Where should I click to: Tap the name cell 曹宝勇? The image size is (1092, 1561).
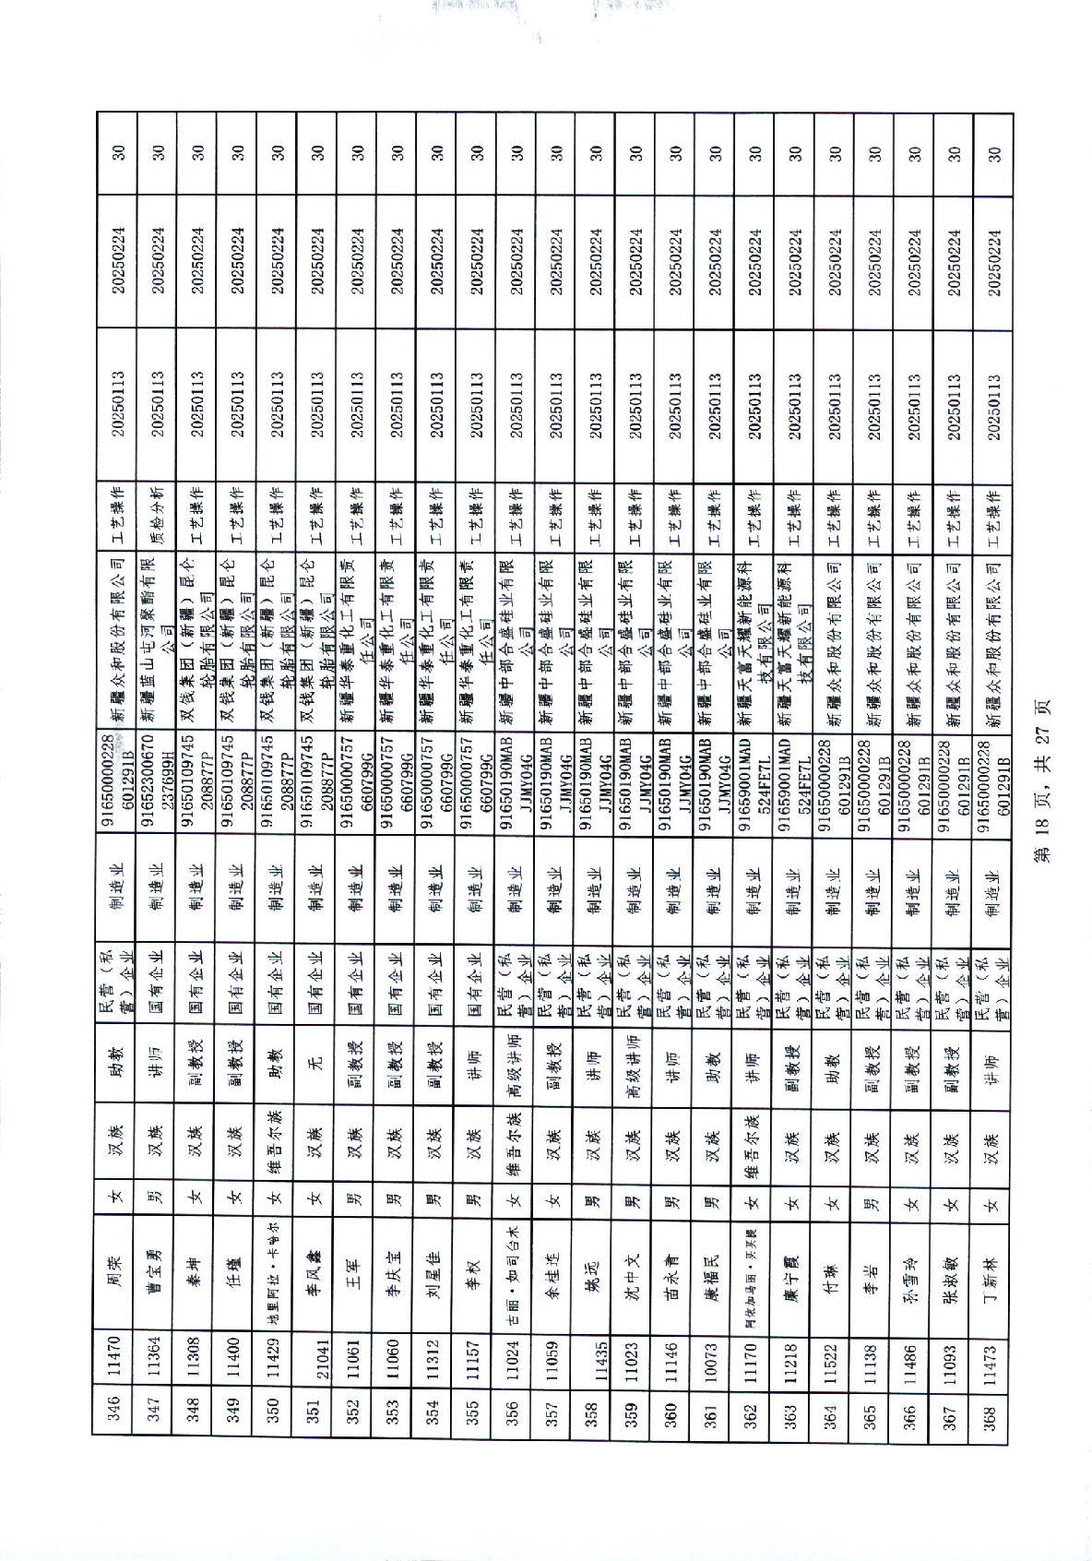coord(155,1269)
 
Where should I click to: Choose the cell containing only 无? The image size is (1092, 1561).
coord(314,1055)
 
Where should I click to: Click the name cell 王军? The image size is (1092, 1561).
coord(353,1269)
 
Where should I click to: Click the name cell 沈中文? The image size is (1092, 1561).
coord(633,1269)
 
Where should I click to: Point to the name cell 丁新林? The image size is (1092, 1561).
coord(991,1269)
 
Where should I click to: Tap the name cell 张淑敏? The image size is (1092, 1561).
coord(953,1269)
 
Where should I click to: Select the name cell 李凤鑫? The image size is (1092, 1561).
coord(314,1269)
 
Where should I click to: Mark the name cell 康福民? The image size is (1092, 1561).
coord(711,1269)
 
